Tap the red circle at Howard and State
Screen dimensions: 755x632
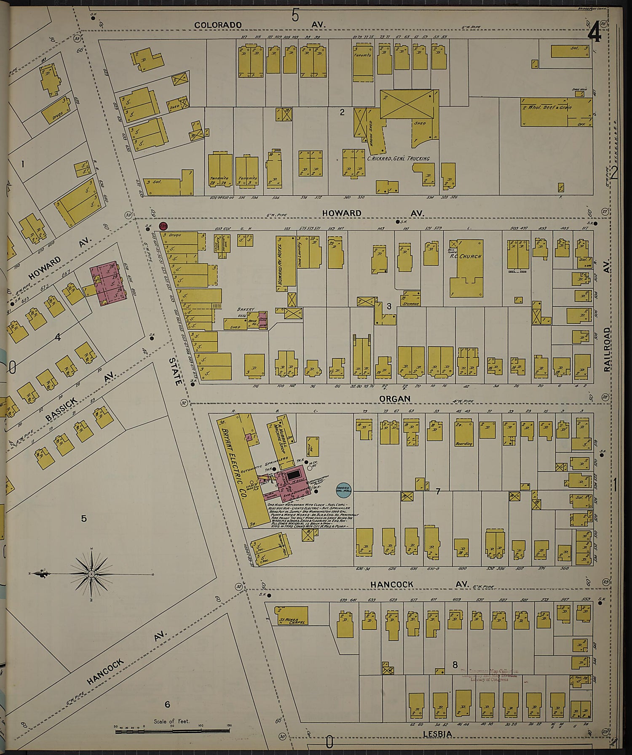point(163,227)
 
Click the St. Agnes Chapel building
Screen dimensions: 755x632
point(290,615)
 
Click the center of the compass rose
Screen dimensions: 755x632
point(91,574)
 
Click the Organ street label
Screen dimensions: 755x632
point(394,398)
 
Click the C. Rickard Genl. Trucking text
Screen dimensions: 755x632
point(398,158)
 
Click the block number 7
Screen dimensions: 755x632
point(438,491)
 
